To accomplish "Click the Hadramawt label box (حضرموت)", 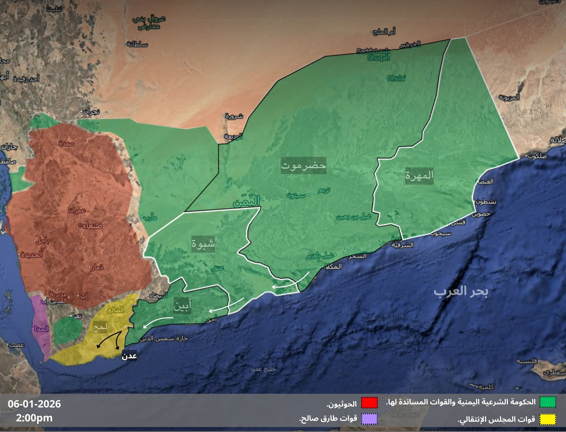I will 304,165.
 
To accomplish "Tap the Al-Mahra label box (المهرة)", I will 419,176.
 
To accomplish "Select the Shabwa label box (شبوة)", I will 203,244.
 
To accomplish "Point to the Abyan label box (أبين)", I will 182,306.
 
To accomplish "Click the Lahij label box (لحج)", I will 100,327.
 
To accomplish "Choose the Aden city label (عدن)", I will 129,356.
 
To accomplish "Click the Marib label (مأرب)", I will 149,218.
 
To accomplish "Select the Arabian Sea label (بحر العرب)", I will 461,291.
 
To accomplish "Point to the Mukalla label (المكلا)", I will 333,266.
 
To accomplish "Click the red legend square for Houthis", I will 369,403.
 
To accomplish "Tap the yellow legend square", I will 548,419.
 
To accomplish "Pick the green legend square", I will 548,402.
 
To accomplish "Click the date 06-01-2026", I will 34,404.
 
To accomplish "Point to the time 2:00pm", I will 34,418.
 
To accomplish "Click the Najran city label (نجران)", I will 91,112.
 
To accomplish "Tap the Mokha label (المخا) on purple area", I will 41,329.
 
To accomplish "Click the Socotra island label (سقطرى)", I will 554,373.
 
